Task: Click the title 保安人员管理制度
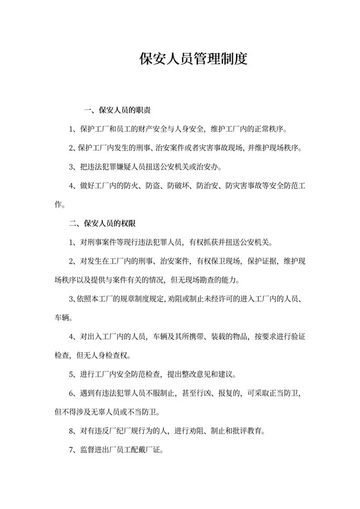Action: tap(194, 60)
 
